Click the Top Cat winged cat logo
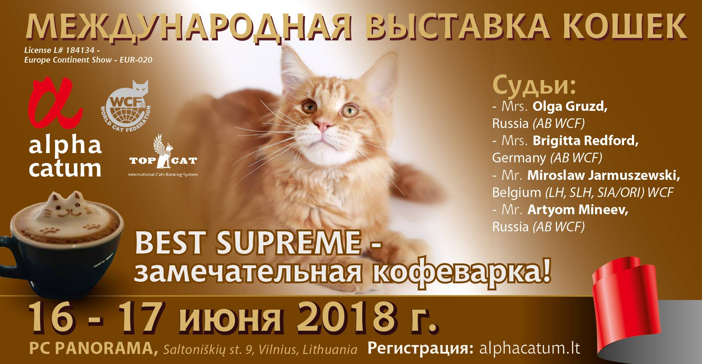point(163,155)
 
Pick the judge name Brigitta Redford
point(586,141)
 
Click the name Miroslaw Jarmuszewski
point(604,176)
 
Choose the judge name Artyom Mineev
point(578,210)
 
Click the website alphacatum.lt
point(529,349)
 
